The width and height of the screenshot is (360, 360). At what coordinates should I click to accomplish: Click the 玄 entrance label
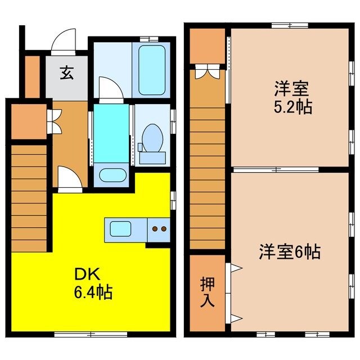[66, 73]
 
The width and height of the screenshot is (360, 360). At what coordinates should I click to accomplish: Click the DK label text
[89, 274]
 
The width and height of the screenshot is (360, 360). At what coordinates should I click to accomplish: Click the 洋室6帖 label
[290, 252]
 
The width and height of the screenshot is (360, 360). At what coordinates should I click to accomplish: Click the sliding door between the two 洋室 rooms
[276, 168]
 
